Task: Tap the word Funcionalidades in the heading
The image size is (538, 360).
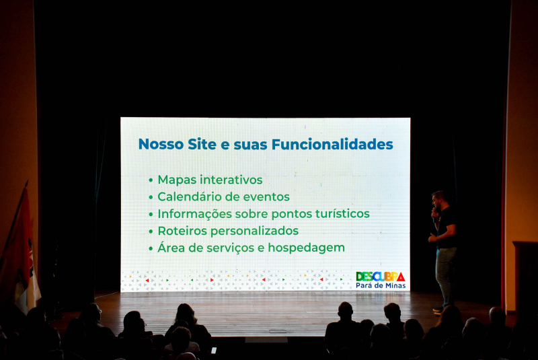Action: pyautogui.click(x=332, y=144)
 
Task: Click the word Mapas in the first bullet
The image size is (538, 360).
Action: pyautogui.click(x=177, y=180)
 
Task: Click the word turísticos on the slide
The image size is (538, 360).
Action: pyautogui.click(x=342, y=213)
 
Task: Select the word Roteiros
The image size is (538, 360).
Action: pyautogui.click(x=182, y=231)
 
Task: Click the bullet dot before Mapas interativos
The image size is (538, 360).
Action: pyautogui.click(x=151, y=180)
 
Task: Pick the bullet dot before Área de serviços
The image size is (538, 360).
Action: pyautogui.click(x=151, y=248)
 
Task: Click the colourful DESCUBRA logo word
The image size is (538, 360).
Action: pyautogui.click(x=381, y=277)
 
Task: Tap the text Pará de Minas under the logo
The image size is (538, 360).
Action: pyautogui.click(x=381, y=285)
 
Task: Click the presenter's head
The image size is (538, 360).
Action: pyautogui.click(x=439, y=198)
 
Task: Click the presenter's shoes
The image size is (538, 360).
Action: pyautogui.click(x=439, y=310)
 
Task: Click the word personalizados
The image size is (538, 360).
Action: pyautogui.click(x=254, y=231)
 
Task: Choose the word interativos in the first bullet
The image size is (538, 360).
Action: pyautogui.click(x=231, y=180)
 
